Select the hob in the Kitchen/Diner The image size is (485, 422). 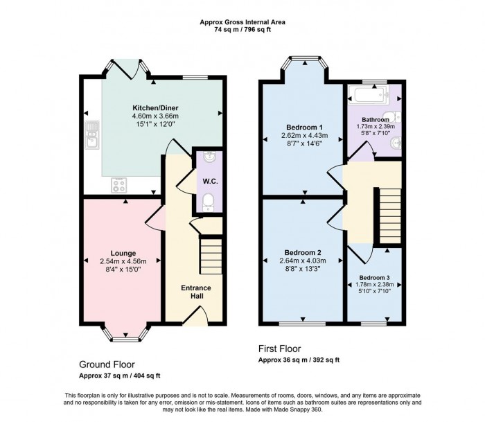118,185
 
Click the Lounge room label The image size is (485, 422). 123,253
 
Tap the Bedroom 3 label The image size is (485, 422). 374,276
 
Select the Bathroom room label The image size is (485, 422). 375,119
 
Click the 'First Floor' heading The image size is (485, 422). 279,349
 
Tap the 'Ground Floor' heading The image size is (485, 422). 107,364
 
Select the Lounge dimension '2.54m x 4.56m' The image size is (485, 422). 123,261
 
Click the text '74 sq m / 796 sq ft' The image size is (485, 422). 242,30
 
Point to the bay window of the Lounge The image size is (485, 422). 123,336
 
